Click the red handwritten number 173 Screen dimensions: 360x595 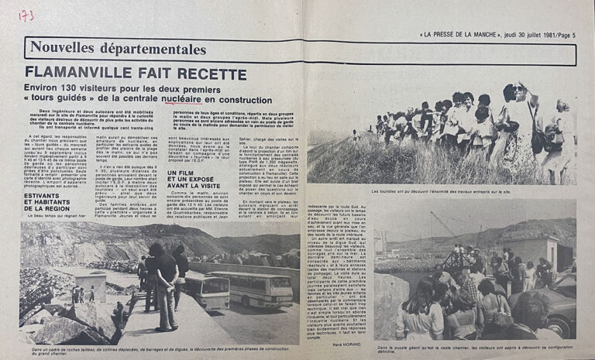tap(26, 15)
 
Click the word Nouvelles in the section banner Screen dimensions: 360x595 tap(60, 49)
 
